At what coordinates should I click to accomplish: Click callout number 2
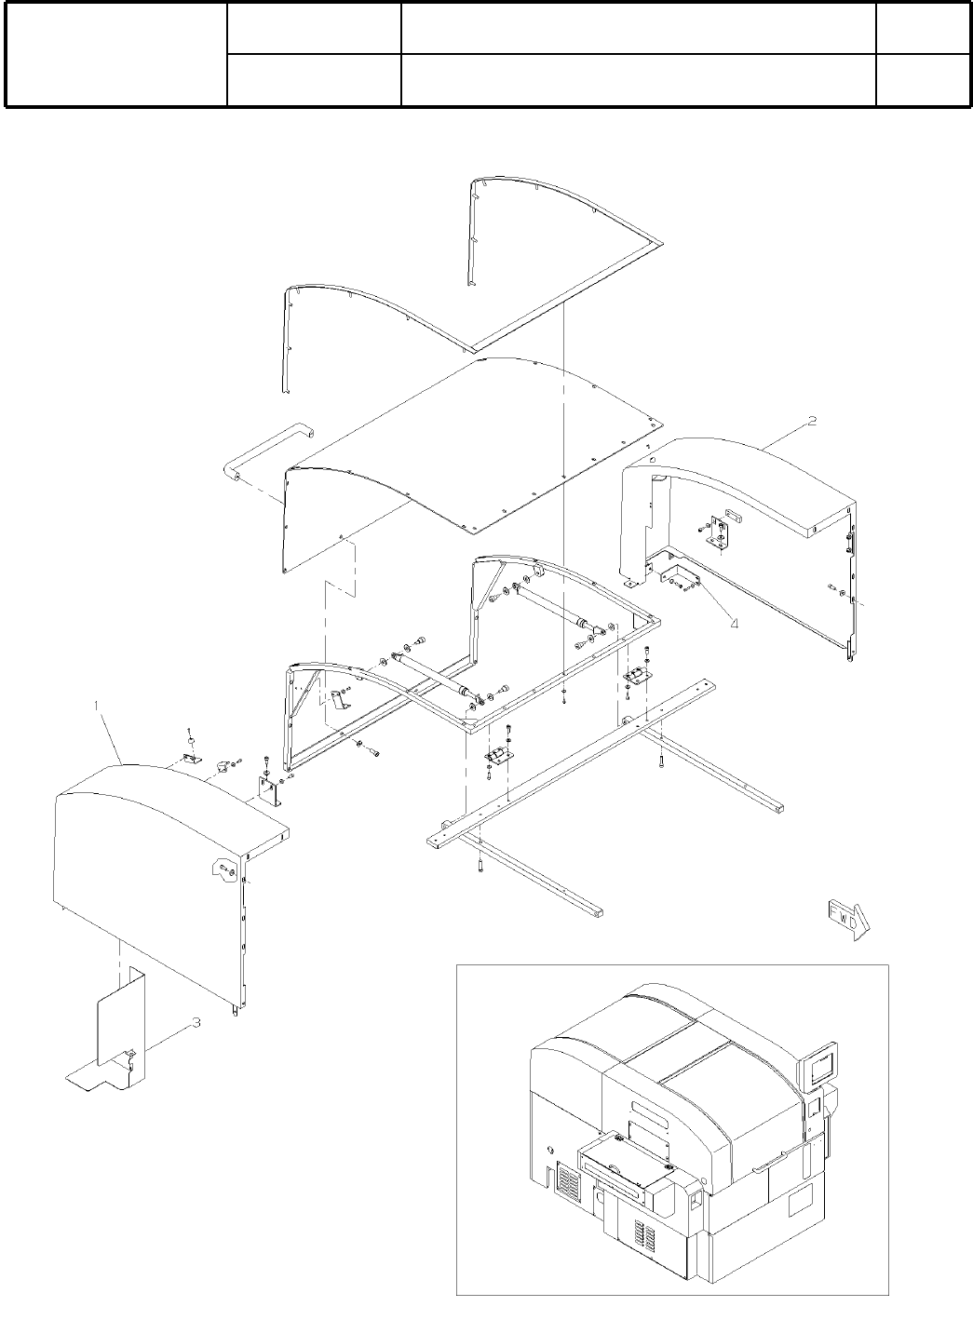(812, 421)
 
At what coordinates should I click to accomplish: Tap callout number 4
(734, 623)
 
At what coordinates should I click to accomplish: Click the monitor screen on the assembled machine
(818, 1064)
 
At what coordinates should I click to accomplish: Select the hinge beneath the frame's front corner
(498, 756)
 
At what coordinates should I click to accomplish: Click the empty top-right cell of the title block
(923, 29)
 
